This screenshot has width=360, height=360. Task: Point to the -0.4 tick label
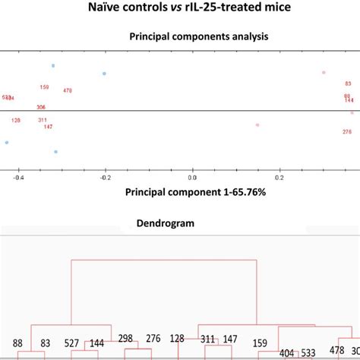point(19,178)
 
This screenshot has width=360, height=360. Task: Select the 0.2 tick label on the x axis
point(279,178)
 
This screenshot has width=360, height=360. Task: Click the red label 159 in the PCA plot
point(44,87)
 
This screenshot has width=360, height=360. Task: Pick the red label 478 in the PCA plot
point(68,91)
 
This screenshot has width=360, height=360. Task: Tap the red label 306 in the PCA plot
point(41,107)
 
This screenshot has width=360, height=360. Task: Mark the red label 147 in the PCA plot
point(49,126)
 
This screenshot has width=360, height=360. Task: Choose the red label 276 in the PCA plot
point(347,131)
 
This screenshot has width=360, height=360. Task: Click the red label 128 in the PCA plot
point(16,120)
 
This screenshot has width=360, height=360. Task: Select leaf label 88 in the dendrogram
point(17,343)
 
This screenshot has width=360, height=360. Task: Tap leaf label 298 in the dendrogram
point(125,338)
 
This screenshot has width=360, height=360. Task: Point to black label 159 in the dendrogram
point(260,344)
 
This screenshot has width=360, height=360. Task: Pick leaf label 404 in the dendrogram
point(287,353)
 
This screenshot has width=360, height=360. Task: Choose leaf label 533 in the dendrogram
point(308,353)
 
